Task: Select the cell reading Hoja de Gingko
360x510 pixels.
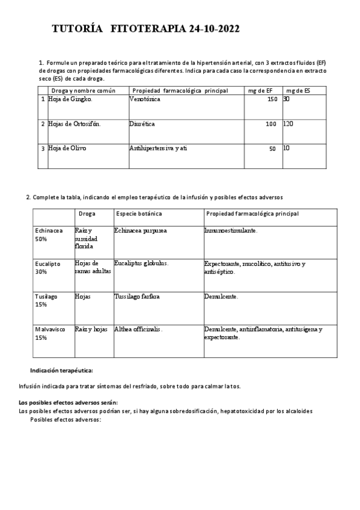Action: [x=70, y=99]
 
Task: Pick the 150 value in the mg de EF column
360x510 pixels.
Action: [x=272, y=99]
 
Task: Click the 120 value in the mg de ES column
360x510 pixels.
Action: [x=288, y=123]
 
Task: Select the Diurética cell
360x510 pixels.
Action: [x=142, y=123]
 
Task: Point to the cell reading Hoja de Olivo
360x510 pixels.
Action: [x=67, y=148]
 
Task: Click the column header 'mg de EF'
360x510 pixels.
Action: [x=260, y=90]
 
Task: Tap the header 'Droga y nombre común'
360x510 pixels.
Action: [x=83, y=90]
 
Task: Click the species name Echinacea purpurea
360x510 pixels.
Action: [x=140, y=230]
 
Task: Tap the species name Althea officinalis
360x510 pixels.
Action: [x=138, y=329]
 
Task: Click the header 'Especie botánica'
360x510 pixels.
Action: [x=139, y=214]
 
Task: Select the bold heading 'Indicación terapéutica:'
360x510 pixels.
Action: [x=61, y=370]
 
